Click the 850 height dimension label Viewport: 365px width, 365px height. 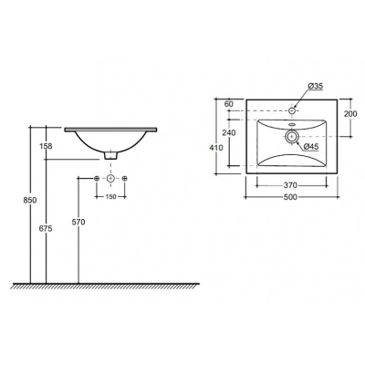click(30, 200)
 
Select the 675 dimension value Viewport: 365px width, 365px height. click(46, 228)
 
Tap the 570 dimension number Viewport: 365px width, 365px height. click(78, 223)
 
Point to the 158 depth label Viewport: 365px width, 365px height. click(46, 146)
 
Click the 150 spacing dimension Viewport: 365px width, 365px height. click(110, 197)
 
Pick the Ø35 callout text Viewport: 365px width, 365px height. click(315, 86)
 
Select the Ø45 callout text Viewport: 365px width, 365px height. click(311, 147)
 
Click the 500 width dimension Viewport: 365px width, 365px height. click(290, 197)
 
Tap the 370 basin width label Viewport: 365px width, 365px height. click(290, 185)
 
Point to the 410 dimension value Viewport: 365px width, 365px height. click(216, 148)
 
